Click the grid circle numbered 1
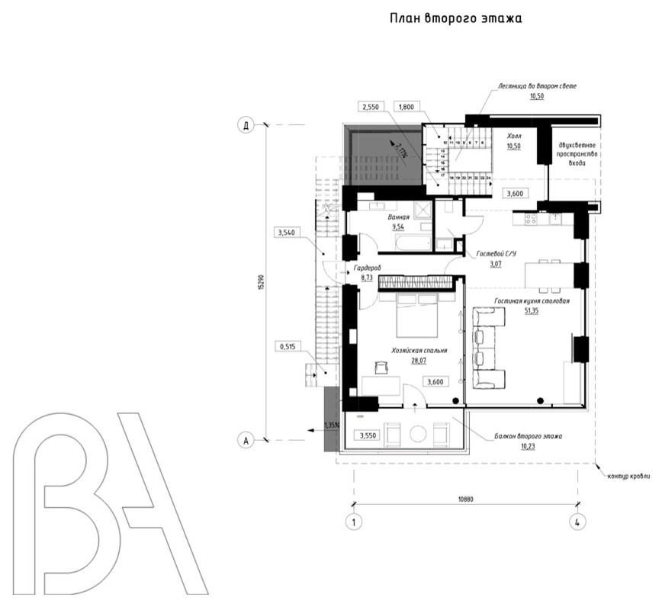tap(353, 522)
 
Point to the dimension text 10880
tap(466, 498)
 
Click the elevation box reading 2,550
tap(371, 108)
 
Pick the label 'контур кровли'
tap(628, 476)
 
